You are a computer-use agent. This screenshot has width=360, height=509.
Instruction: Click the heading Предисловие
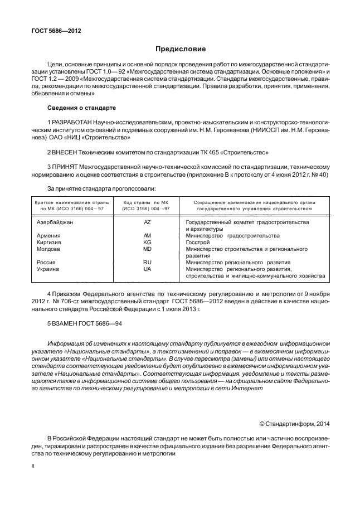click(180, 49)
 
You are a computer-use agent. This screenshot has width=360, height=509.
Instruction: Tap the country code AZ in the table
click(147, 222)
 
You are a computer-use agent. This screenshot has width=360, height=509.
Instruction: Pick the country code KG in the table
click(147, 243)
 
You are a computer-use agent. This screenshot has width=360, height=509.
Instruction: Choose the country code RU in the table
click(147, 262)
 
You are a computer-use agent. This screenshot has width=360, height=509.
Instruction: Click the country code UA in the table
click(147, 269)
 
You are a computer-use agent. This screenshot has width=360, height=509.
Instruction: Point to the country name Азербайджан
click(55, 222)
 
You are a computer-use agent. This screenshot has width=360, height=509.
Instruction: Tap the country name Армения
click(48, 236)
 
